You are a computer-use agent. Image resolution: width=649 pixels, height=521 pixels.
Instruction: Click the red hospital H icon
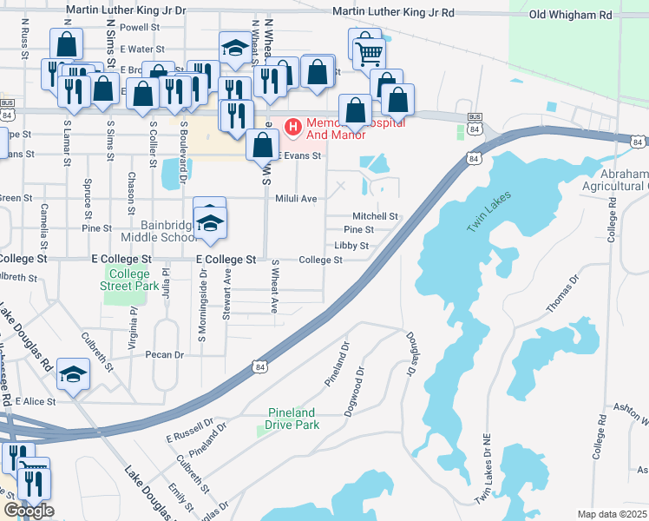tap(292, 129)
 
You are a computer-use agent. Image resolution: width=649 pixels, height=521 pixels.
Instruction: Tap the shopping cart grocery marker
tap(369, 54)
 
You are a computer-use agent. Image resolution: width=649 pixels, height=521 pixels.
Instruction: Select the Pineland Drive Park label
tap(291, 419)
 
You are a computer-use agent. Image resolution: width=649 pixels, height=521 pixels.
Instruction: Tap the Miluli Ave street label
tap(296, 199)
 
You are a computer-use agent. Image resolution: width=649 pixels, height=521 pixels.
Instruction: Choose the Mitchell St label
tap(375, 216)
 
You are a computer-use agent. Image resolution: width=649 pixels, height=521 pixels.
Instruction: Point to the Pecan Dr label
tap(166, 354)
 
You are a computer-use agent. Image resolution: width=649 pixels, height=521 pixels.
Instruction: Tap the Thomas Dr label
tap(561, 295)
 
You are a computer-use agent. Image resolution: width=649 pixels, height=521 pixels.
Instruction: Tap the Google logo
tap(29, 511)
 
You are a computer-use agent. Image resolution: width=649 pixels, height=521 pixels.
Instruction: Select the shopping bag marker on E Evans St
tap(262, 145)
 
